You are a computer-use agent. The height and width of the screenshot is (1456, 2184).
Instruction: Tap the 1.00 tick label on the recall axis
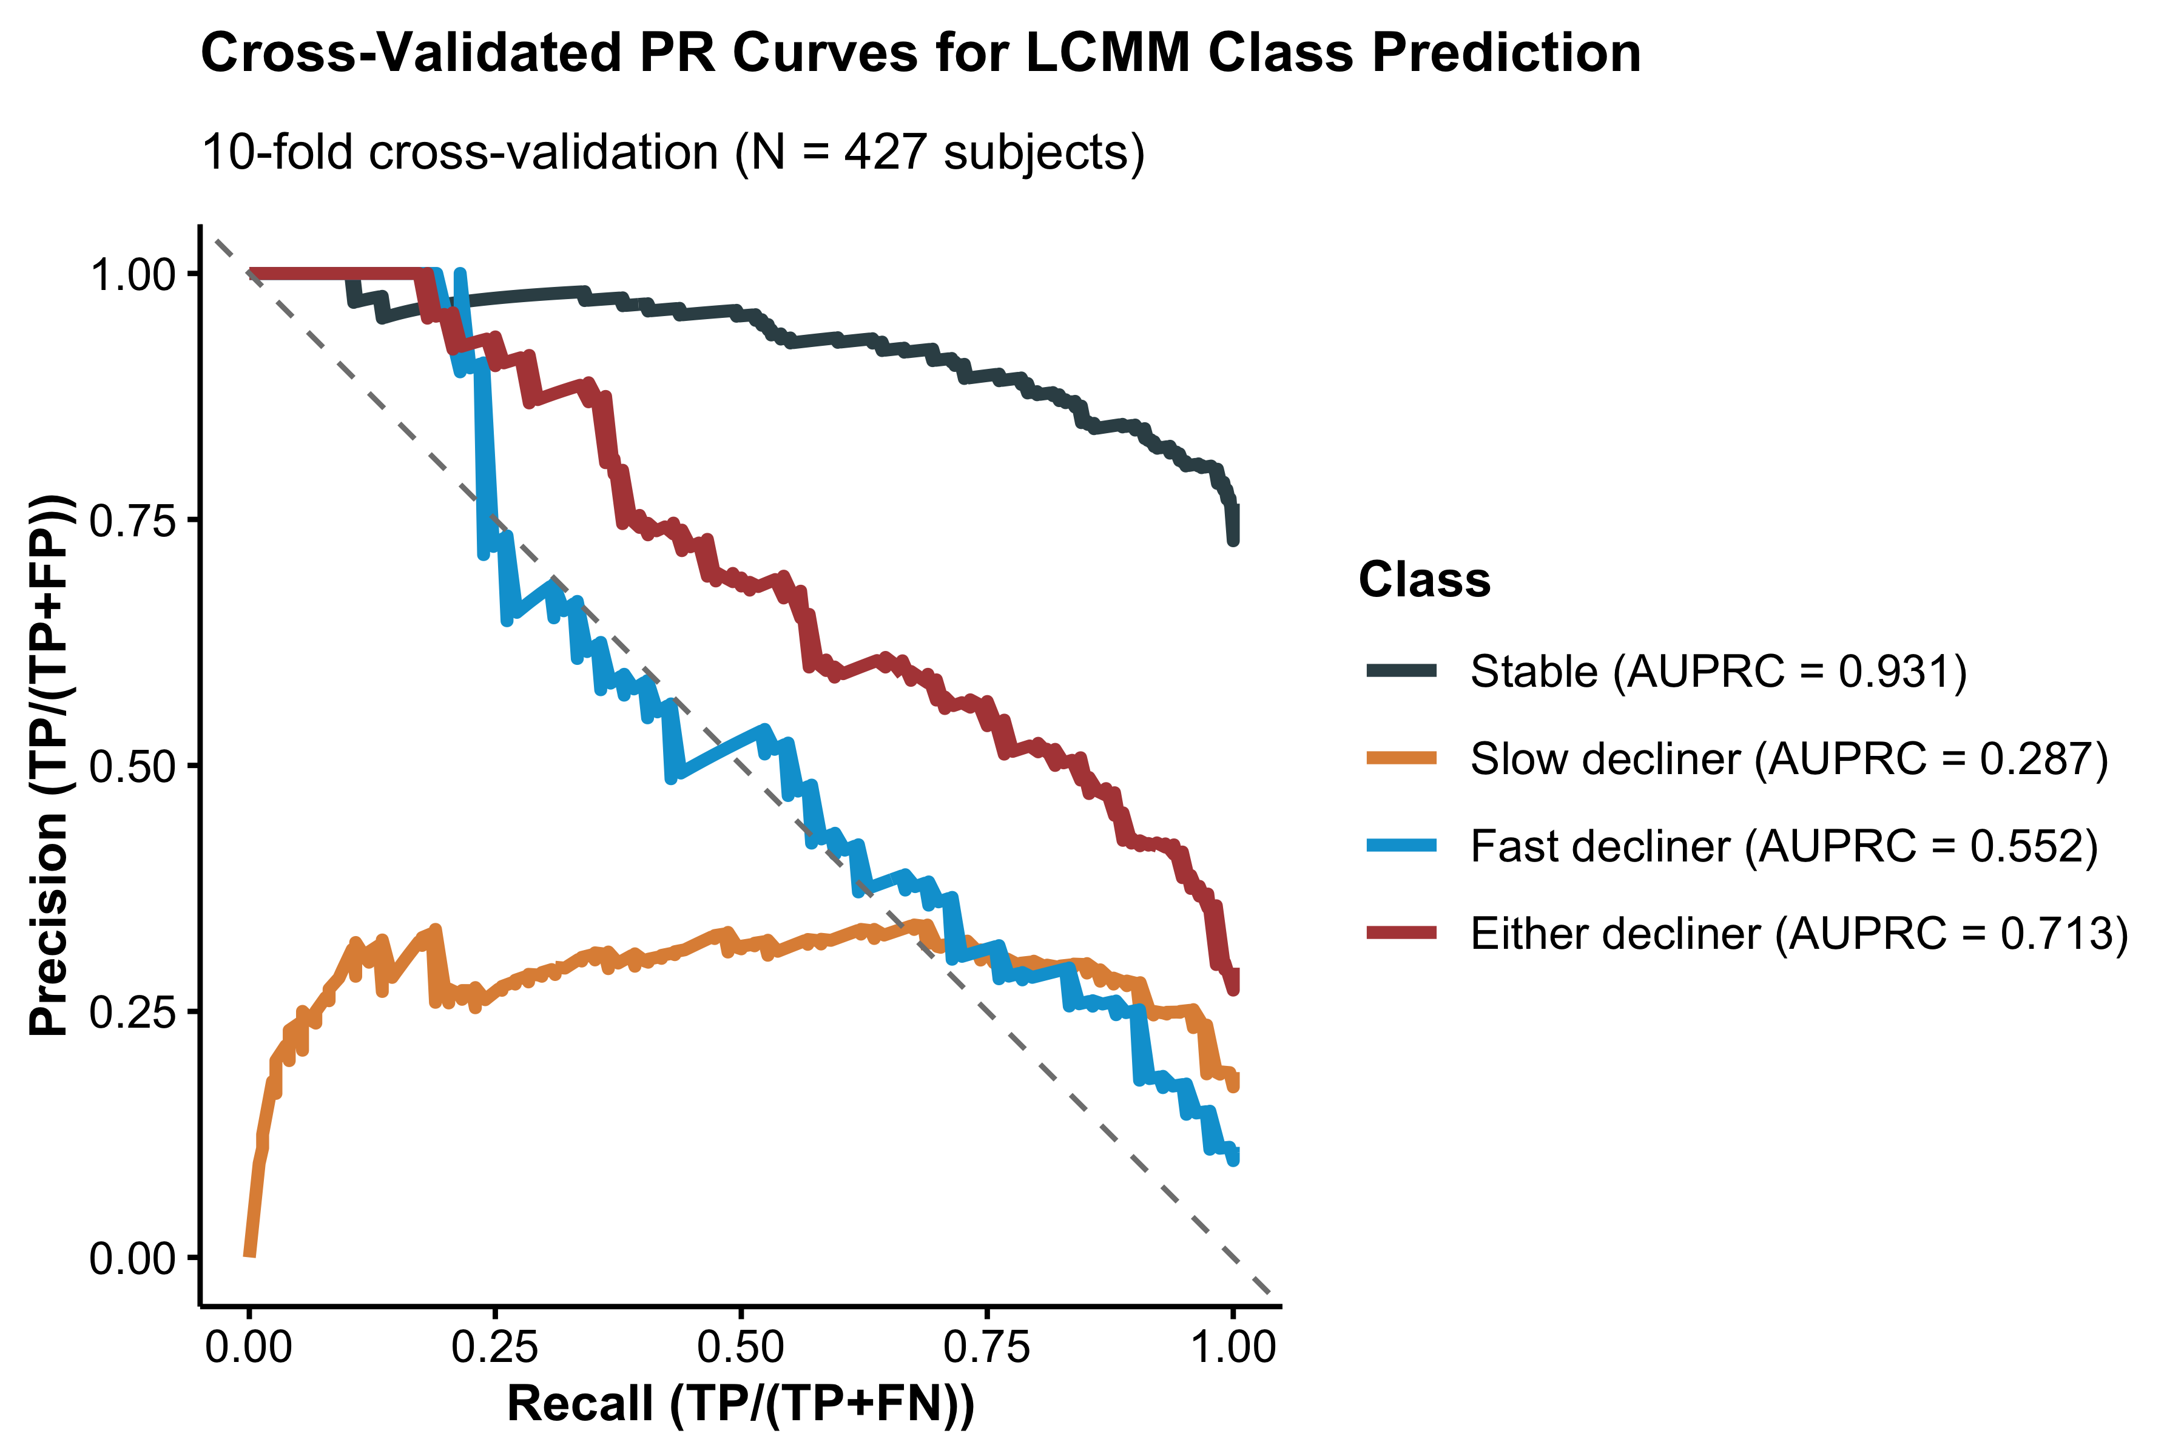click(x=1233, y=1347)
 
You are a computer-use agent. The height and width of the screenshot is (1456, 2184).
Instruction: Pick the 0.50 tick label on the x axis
click(x=741, y=1347)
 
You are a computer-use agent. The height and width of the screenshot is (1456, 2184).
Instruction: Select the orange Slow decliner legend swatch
click(x=1401, y=759)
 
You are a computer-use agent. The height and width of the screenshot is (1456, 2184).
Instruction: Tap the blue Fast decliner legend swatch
click(x=1401, y=846)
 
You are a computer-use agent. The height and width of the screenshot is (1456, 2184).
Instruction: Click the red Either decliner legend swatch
click(x=1401, y=933)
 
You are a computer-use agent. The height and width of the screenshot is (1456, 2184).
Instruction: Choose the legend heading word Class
click(x=1423, y=581)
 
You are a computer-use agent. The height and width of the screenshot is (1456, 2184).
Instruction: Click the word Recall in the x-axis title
click(x=579, y=1404)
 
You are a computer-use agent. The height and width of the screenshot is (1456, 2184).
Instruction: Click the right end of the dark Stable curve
click(x=1233, y=539)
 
